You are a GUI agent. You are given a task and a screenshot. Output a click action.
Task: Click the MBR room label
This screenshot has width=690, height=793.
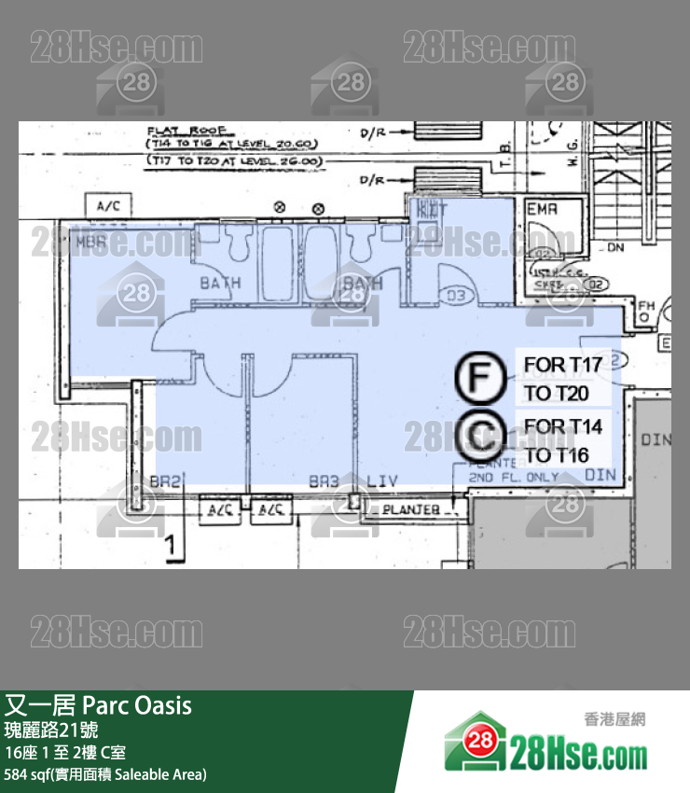click(x=90, y=242)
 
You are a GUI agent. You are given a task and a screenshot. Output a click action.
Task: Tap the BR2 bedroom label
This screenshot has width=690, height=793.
click(x=165, y=480)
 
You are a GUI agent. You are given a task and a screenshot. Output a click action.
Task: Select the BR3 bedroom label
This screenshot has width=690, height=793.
click(x=324, y=480)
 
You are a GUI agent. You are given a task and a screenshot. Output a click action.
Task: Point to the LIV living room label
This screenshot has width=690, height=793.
click(x=382, y=480)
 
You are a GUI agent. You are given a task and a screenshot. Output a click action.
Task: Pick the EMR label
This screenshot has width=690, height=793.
click(x=542, y=210)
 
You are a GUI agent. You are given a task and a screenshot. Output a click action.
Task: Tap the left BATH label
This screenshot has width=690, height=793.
click(x=220, y=282)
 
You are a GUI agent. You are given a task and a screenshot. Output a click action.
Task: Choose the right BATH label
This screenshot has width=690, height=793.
click(x=362, y=282)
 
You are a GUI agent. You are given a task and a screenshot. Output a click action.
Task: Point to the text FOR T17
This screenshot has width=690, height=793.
click(x=562, y=364)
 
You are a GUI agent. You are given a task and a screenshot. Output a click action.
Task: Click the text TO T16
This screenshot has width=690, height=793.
click(x=556, y=455)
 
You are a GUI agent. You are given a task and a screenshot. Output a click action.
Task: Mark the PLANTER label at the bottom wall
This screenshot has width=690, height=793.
click(x=410, y=509)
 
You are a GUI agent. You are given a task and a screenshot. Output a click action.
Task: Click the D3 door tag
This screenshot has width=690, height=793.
click(x=456, y=297)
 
